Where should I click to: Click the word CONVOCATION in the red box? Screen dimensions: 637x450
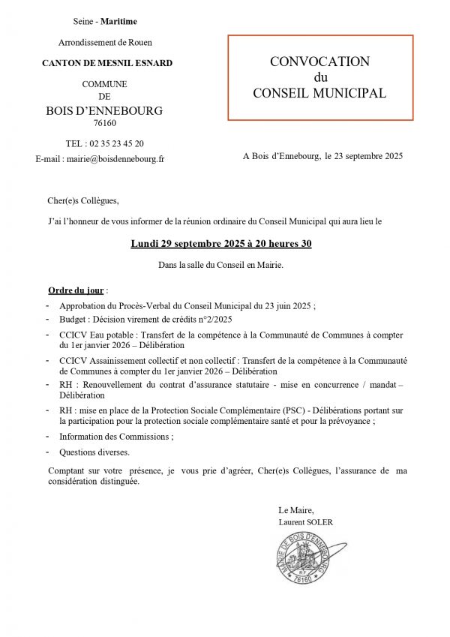pyautogui.click(x=319, y=62)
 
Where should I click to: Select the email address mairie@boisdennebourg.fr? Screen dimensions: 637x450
pyautogui.click(x=115, y=159)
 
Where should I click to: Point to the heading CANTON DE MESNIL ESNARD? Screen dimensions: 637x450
pyautogui.click(x=107, y=63)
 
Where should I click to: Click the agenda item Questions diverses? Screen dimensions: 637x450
pyautogui.click(x=94, y=452)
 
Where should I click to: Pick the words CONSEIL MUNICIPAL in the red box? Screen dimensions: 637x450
pyautogui.click(x=319, y=94)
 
